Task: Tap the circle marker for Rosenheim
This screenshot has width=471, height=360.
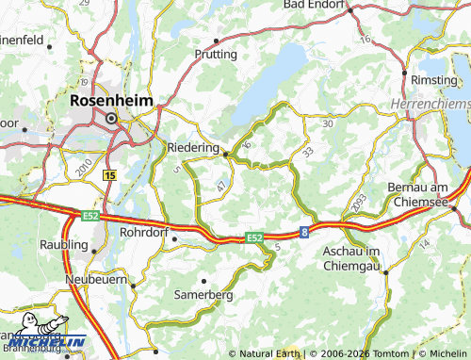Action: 111,119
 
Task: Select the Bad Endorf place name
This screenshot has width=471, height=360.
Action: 316,5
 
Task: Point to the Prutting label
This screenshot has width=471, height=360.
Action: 217,55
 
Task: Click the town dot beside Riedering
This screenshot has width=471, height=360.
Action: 225,152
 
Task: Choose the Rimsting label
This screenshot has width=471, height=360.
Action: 433,79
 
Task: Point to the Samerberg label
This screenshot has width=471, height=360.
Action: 203,295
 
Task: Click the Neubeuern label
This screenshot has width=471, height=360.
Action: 99,281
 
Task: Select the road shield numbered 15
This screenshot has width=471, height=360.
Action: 110,175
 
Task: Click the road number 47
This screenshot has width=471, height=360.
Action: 220,188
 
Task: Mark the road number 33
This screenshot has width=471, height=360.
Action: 308,151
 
